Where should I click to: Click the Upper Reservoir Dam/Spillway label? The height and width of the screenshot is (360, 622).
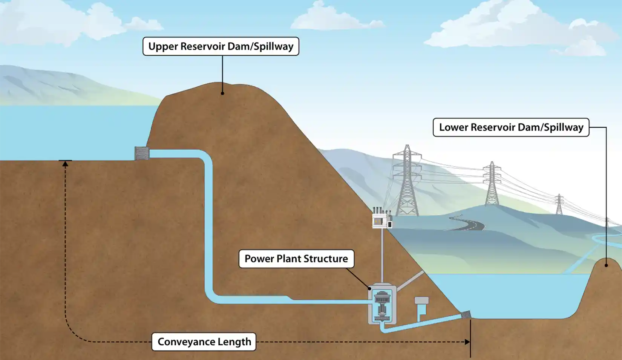coord(221,46)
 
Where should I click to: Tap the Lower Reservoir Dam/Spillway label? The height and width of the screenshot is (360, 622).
coord(511,127)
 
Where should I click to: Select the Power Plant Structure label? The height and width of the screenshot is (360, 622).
coord(296,259)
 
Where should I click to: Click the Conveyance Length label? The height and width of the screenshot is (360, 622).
coord(204,342)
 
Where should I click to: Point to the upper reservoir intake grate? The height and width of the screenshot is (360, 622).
coord(142,153)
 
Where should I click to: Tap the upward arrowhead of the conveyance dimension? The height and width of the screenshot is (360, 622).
coord(65,164)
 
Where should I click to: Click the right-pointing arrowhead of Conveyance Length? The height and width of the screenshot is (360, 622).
coord(467,342)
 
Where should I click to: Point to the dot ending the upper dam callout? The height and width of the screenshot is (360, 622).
coord(222,93)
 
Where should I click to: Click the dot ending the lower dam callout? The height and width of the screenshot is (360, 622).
coord(606,265)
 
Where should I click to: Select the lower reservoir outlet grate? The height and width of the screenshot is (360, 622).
coord(466,314)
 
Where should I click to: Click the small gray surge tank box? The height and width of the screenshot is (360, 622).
coord(421,300)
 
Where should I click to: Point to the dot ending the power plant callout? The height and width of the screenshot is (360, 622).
coord(370,288)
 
